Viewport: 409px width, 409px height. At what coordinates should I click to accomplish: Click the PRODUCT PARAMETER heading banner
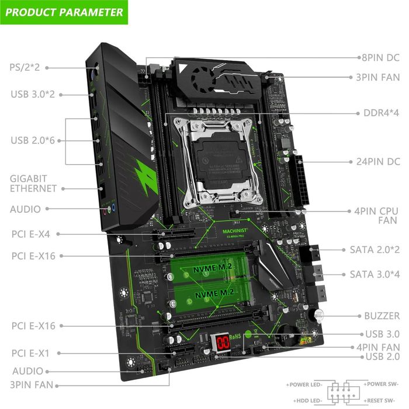(64, 12)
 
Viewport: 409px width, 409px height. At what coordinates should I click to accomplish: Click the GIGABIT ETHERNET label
(33, 183)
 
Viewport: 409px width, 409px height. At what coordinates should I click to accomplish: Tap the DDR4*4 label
(377, 113)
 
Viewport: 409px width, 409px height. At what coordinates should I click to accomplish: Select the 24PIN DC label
(378, 161)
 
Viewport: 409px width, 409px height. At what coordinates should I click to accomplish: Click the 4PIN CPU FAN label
(380, 216)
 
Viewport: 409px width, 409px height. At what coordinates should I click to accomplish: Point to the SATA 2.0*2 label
(375, 249)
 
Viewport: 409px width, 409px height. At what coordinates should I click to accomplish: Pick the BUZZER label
(382, 316)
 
